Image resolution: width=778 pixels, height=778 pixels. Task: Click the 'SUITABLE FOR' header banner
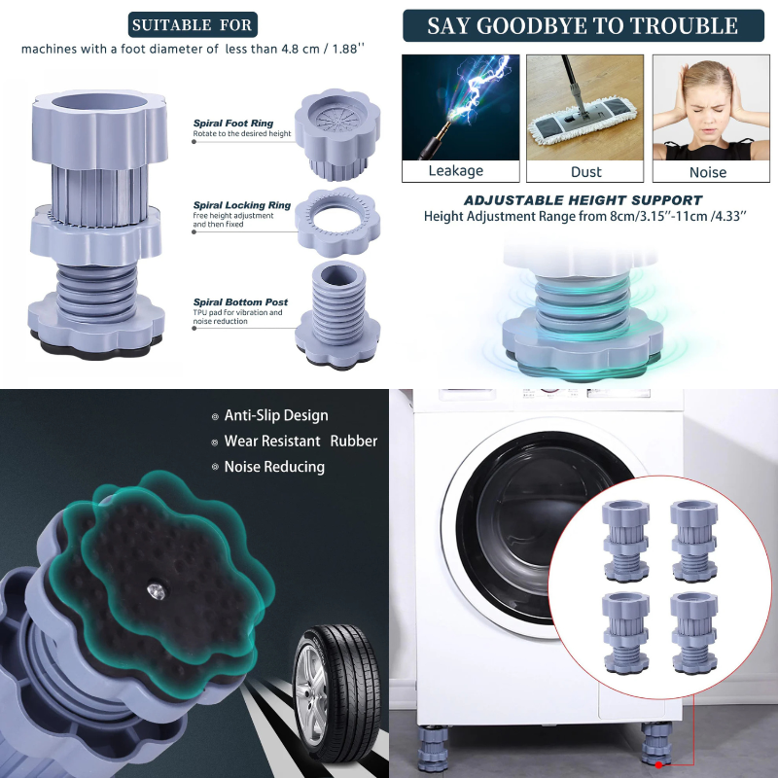tap(192, 24)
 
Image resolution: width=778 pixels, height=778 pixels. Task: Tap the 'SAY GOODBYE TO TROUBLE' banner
tap(583, 25)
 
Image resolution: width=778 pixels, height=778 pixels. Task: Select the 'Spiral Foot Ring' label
tap(233, 124)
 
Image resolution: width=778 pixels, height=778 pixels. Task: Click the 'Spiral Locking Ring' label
tap(241, 205)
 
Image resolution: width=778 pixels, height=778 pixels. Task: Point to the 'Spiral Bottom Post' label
tap(239, 302)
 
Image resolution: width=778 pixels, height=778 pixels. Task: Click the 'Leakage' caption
tap(455, 171)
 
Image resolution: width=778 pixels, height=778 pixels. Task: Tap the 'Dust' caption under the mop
tap(585, 171)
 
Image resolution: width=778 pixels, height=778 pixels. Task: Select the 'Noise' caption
tap(707, 172)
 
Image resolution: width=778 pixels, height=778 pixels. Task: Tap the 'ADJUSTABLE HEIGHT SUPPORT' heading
tap(583, 200)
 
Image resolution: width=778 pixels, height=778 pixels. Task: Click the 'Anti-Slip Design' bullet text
tap(275, 415)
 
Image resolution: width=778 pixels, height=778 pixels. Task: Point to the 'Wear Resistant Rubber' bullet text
tap(300, 441)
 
